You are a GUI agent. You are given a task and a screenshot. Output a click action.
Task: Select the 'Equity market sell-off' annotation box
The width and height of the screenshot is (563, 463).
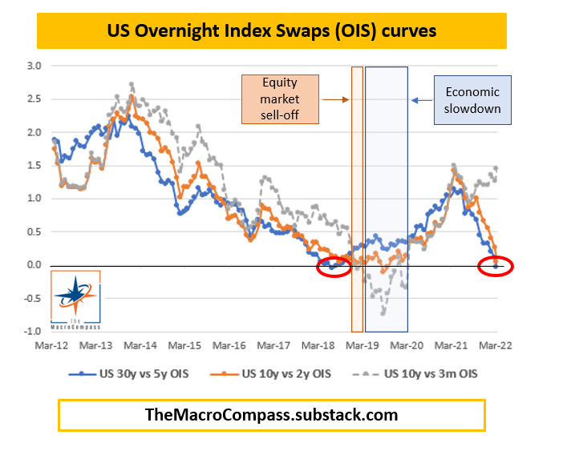click(281, 100)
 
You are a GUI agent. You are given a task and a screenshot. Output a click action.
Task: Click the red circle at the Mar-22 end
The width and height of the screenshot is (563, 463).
click(495, 267)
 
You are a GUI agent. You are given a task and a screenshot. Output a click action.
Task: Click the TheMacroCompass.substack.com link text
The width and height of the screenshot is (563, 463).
click(271, 415)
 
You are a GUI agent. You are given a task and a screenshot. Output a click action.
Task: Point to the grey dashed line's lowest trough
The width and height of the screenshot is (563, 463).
click(383, 314)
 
